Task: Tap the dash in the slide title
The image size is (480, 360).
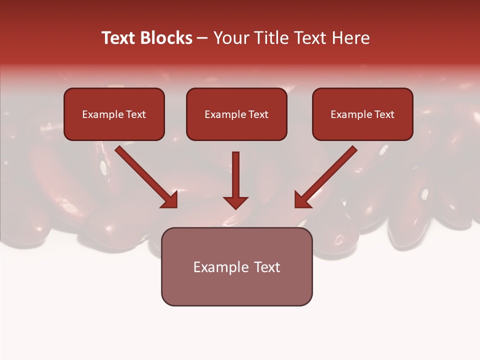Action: pyautogui.click(x=202, y=38)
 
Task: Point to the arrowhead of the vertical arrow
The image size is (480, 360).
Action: pyautogui.click(x=235, y=202)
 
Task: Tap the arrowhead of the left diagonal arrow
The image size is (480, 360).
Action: pyautogui.click(x=170, y=200)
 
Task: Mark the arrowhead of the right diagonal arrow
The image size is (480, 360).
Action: pyautogui.click(x=302, y=200)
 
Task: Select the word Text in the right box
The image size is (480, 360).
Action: pyautogui.click(x=384, y=114)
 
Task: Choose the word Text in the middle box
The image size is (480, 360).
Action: pyautogui.click(x=258, y=114)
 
